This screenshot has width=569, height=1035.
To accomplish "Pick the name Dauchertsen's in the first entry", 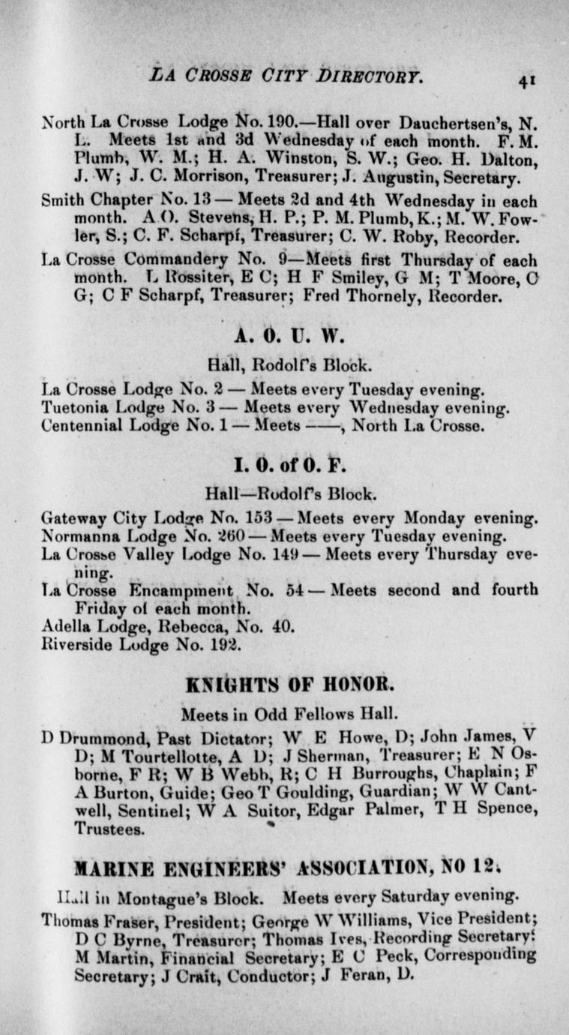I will coord(459,118).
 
